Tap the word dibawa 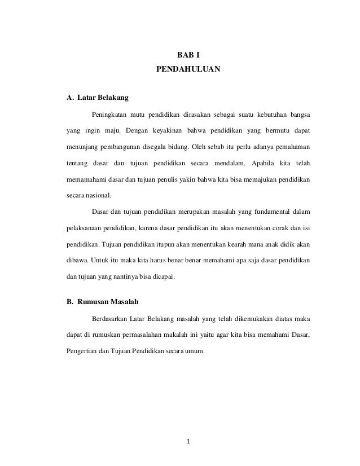77,261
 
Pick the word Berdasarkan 112,319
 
